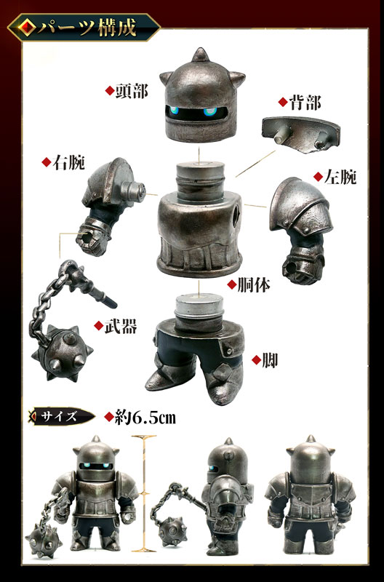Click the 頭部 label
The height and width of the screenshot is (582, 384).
131,90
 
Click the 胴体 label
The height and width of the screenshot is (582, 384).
249,284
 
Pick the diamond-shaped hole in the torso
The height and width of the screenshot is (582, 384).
238,217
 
